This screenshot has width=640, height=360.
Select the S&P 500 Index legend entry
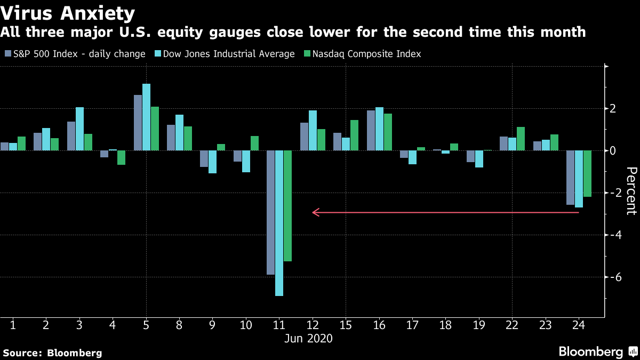75,54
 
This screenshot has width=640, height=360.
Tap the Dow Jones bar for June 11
279,223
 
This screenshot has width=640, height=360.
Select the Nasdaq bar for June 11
288,206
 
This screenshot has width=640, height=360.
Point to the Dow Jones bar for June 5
146,117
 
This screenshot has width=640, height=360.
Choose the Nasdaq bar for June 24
587,173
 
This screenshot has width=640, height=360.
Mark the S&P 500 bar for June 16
371,131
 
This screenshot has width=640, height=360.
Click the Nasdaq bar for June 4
121,157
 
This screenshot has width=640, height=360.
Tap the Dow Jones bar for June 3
79,129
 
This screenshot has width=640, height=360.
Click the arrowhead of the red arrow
315,213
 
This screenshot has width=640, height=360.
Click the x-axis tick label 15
346,325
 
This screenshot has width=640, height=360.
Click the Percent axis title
631,191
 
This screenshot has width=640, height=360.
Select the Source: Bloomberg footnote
52,353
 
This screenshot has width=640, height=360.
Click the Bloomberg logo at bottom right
597,352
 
